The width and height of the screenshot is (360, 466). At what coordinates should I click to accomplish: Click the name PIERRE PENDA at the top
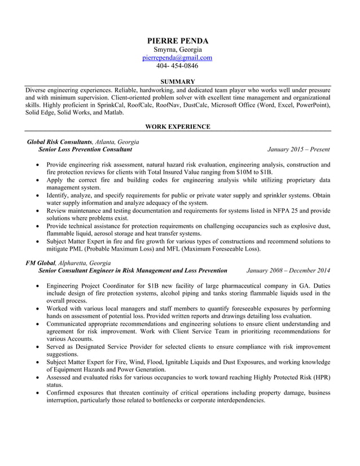click(x=177, y=41)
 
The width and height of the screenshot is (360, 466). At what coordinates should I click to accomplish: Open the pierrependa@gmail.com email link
click(x=177, y=58)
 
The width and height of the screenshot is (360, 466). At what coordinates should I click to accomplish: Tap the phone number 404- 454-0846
click(x=177, y=66)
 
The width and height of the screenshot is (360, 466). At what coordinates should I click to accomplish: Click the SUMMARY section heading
click(x=177, y=82)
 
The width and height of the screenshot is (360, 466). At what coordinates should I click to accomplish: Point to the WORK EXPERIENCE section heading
click(x=177, y=127)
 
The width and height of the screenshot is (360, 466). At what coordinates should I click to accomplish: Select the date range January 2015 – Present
click(x=298, y=150)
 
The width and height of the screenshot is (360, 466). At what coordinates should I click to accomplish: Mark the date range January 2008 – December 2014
click(x=288, y=271)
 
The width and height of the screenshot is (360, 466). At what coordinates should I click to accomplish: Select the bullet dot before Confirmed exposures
click(x=37, y=392)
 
